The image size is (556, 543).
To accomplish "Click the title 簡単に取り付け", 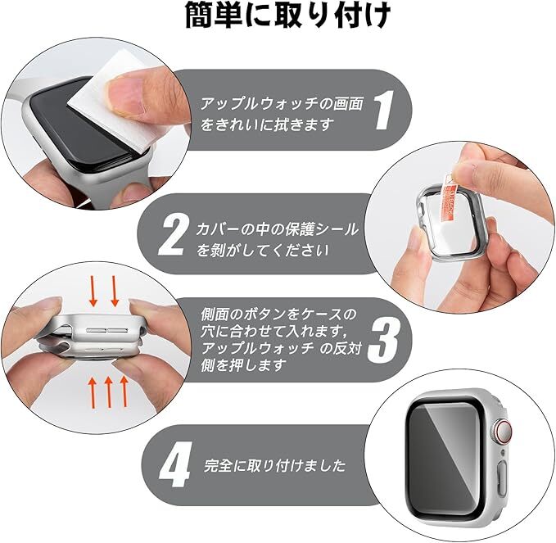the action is tap(287, 16).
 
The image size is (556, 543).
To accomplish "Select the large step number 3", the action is tap(383, 339).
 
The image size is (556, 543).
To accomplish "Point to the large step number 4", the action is tap(175, 464).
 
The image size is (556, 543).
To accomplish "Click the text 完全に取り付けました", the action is tap(275, 465).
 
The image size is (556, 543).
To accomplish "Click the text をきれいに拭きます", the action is tap(268, 124).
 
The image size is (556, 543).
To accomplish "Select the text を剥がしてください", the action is tap(262, 251).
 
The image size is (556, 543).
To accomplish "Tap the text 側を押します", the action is tap(243, 365).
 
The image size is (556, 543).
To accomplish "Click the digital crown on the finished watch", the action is tap(503, 432).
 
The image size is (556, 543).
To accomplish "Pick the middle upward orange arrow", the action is tap(109, 392).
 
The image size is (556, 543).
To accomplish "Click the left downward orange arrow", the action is tap(93, 291).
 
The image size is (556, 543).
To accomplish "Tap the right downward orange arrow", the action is tap(115, 291).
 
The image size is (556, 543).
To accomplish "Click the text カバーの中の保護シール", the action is tap(278, 229).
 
